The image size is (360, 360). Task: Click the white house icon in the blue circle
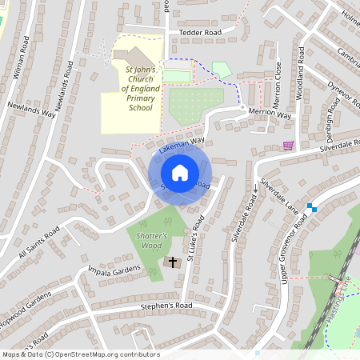coord(180,173)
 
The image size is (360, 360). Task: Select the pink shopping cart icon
coord(288,146)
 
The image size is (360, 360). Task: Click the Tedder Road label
coord(199,32)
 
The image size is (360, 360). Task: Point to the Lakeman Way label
coord(177,144)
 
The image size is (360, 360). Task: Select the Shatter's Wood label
coord(150,241)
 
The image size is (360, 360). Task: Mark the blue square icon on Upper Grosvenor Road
coord(312,208)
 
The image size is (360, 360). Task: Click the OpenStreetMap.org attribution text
coord(80,354)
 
